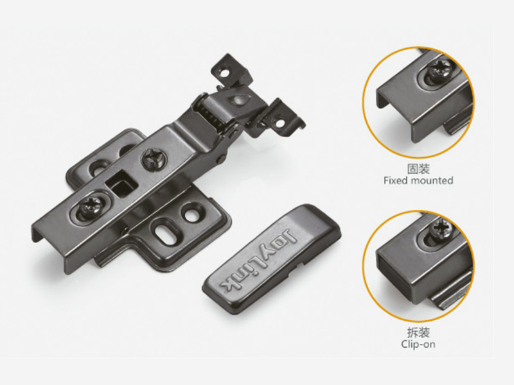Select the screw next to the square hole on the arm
pyautogui.click(x=154, y=158)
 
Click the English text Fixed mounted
pyautogui.click(x=418, y=180)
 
